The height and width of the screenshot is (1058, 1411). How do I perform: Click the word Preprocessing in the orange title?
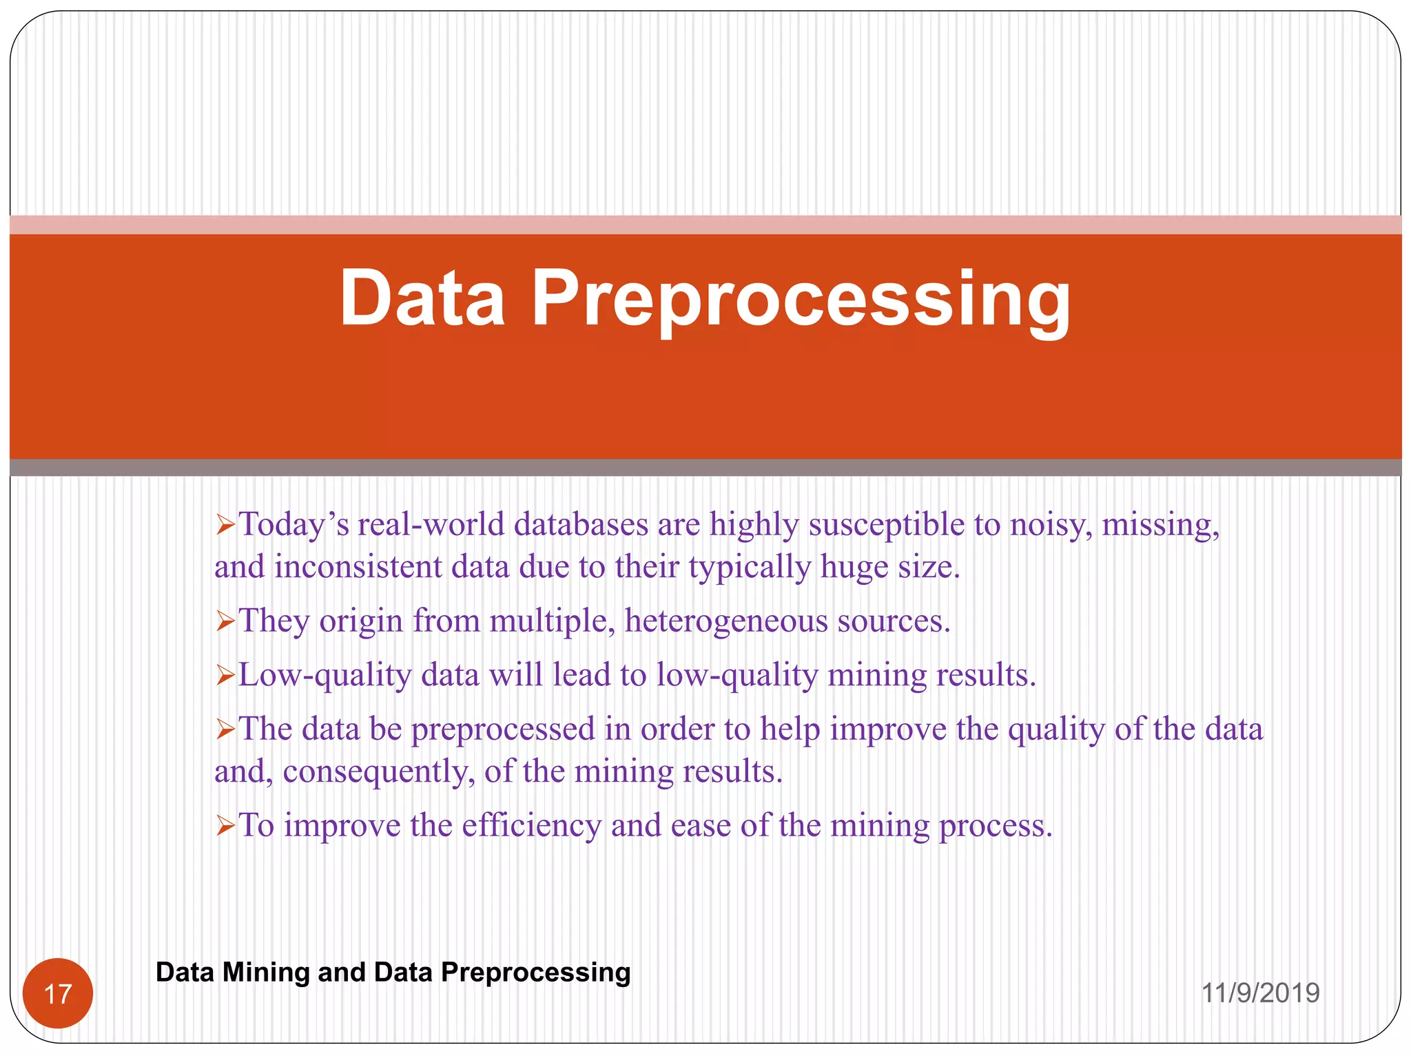click(x=801, y=300)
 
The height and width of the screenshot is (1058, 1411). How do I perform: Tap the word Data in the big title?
click(x=422, y=298)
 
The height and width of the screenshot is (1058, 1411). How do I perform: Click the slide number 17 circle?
click(x=58, y=993)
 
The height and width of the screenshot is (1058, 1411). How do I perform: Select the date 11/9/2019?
click(x=1260, y=993)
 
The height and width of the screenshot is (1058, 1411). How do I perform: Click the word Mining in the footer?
click(x=266, y=972)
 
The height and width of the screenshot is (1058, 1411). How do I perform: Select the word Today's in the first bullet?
click(x=293, y=525)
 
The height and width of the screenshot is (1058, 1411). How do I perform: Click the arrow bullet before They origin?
click(x=225, y=621)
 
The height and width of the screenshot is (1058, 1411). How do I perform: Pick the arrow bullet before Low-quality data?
click(x=225, y=675)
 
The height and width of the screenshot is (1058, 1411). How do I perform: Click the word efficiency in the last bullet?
click(x=531, y=825)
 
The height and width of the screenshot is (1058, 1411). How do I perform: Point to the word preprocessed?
click(x=503, y=729)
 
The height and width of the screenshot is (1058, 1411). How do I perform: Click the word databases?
click(x=581, y=525)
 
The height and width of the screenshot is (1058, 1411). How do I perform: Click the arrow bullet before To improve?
click(x=225, y=825)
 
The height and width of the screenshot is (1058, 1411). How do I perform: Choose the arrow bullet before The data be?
click(x=225, y=729)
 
